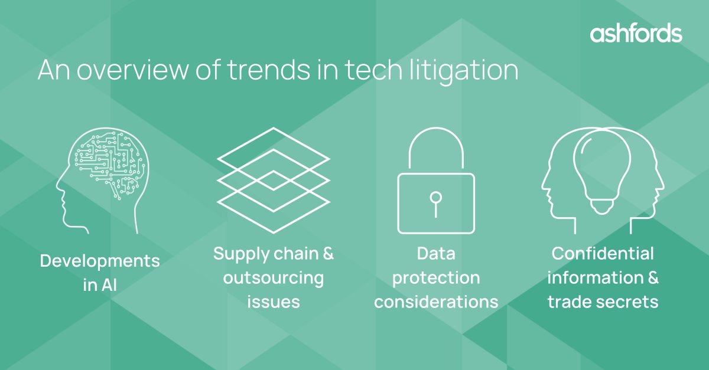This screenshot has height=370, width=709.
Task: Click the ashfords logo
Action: [636, 34]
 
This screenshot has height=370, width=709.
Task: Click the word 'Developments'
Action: [100, 261]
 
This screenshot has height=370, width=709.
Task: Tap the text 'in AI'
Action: [100, 286]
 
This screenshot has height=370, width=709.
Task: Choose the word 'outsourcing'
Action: [273, 278]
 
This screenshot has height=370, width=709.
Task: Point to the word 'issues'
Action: [273, 302]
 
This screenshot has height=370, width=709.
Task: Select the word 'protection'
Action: [436, 278]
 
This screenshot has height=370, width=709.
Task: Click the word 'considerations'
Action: [436, 302]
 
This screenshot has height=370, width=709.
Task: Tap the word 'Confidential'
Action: [603, 254]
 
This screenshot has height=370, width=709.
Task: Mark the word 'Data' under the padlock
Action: [436, 254]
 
